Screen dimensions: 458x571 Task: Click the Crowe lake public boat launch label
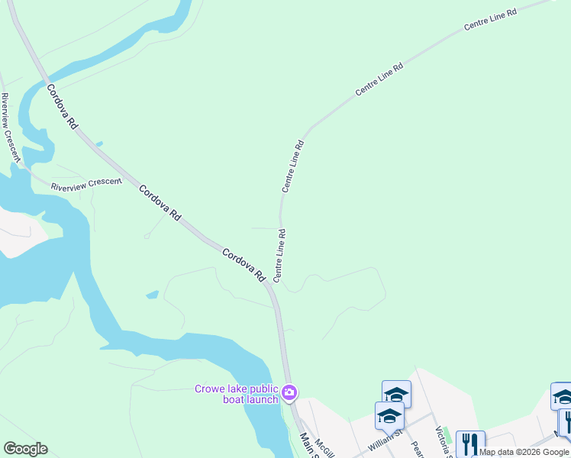(236, 394)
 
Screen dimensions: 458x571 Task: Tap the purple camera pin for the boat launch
(289, 393)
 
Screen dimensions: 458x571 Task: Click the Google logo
(25, 449)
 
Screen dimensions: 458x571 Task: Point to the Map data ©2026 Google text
(524, 452)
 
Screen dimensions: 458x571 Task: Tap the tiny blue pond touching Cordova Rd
(99, 144)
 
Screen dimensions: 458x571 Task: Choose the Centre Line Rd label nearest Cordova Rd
(279, 254)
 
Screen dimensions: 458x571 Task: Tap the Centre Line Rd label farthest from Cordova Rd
(490, 20)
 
